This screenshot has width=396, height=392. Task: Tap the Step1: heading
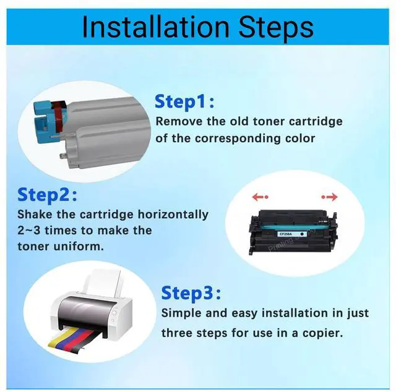click(184, 101)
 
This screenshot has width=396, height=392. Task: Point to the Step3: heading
click(191, 292)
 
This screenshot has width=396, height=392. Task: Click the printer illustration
click(99, 309)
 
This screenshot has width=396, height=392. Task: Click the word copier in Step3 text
click(322, 333)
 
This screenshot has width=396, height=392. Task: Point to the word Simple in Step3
click(183, 313)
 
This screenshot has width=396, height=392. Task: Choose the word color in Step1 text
click(299, 138)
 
